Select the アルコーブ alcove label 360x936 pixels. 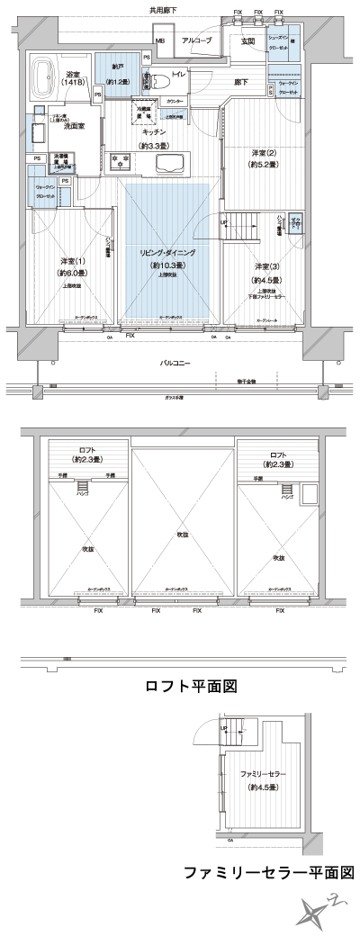click(x=196, y=41)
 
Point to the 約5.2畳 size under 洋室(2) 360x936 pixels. click(x=265, y=165)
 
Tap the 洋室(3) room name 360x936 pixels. click(x=265, y=267)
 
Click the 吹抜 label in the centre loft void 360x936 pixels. click(x=183, y=535)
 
